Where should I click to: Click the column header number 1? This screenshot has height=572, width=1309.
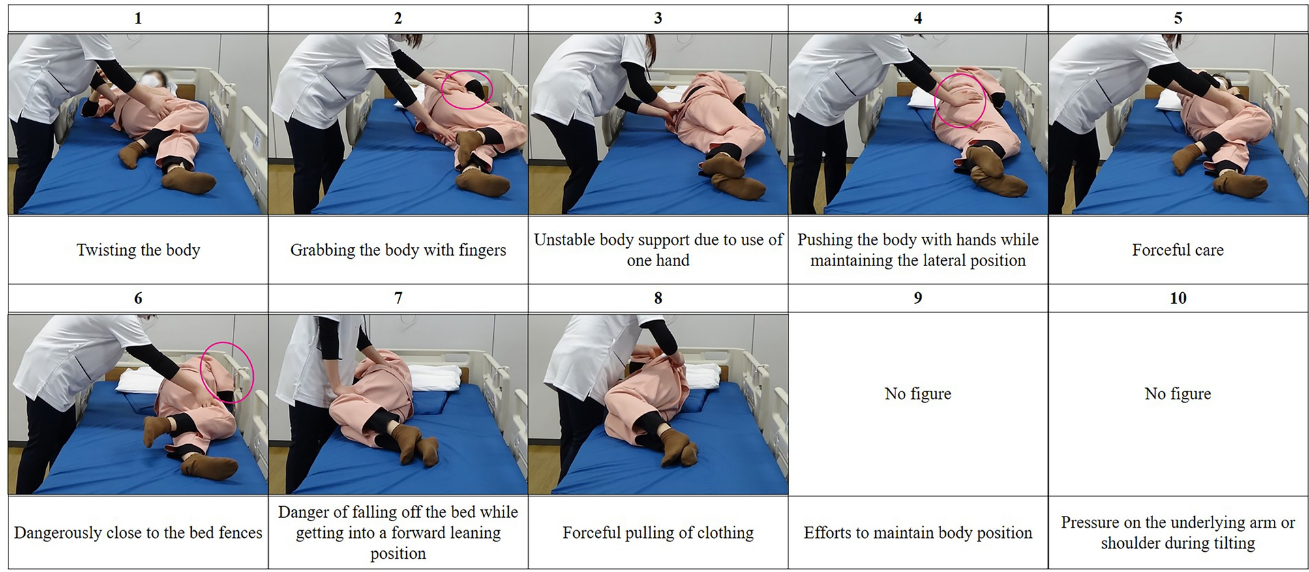click(138, 18)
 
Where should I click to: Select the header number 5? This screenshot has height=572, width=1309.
click(1178, 18)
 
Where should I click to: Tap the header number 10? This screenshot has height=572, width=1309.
click(1178, 298)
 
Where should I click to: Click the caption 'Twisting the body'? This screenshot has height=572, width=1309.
click(138, 250)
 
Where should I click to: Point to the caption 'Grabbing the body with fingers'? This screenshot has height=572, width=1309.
click(398, 250)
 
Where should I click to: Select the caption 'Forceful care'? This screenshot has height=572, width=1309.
click(1178, 250)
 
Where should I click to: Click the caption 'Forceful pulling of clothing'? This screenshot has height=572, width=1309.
click(658, 533)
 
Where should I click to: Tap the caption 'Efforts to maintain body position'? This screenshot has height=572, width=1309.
click(918, 533)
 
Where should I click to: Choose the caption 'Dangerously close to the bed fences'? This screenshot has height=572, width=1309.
click(138, 533)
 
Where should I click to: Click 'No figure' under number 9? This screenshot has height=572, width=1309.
click(918, 393)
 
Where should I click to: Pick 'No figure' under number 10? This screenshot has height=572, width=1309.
click(1178, 393)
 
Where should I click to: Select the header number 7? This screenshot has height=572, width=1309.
click(398, 298)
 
